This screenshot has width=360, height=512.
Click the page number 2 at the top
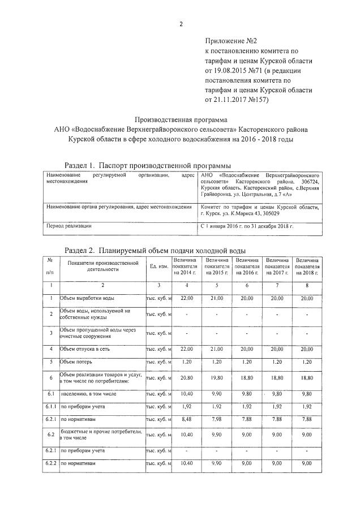coord(181,24)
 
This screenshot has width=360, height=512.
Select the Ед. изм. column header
coord(158,266)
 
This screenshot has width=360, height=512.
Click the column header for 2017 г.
coord(277,266)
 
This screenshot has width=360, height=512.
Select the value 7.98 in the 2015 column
coord(217,419)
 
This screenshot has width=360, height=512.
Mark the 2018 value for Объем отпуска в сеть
coord(307,349)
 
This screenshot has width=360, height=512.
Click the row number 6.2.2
coord(50,463)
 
